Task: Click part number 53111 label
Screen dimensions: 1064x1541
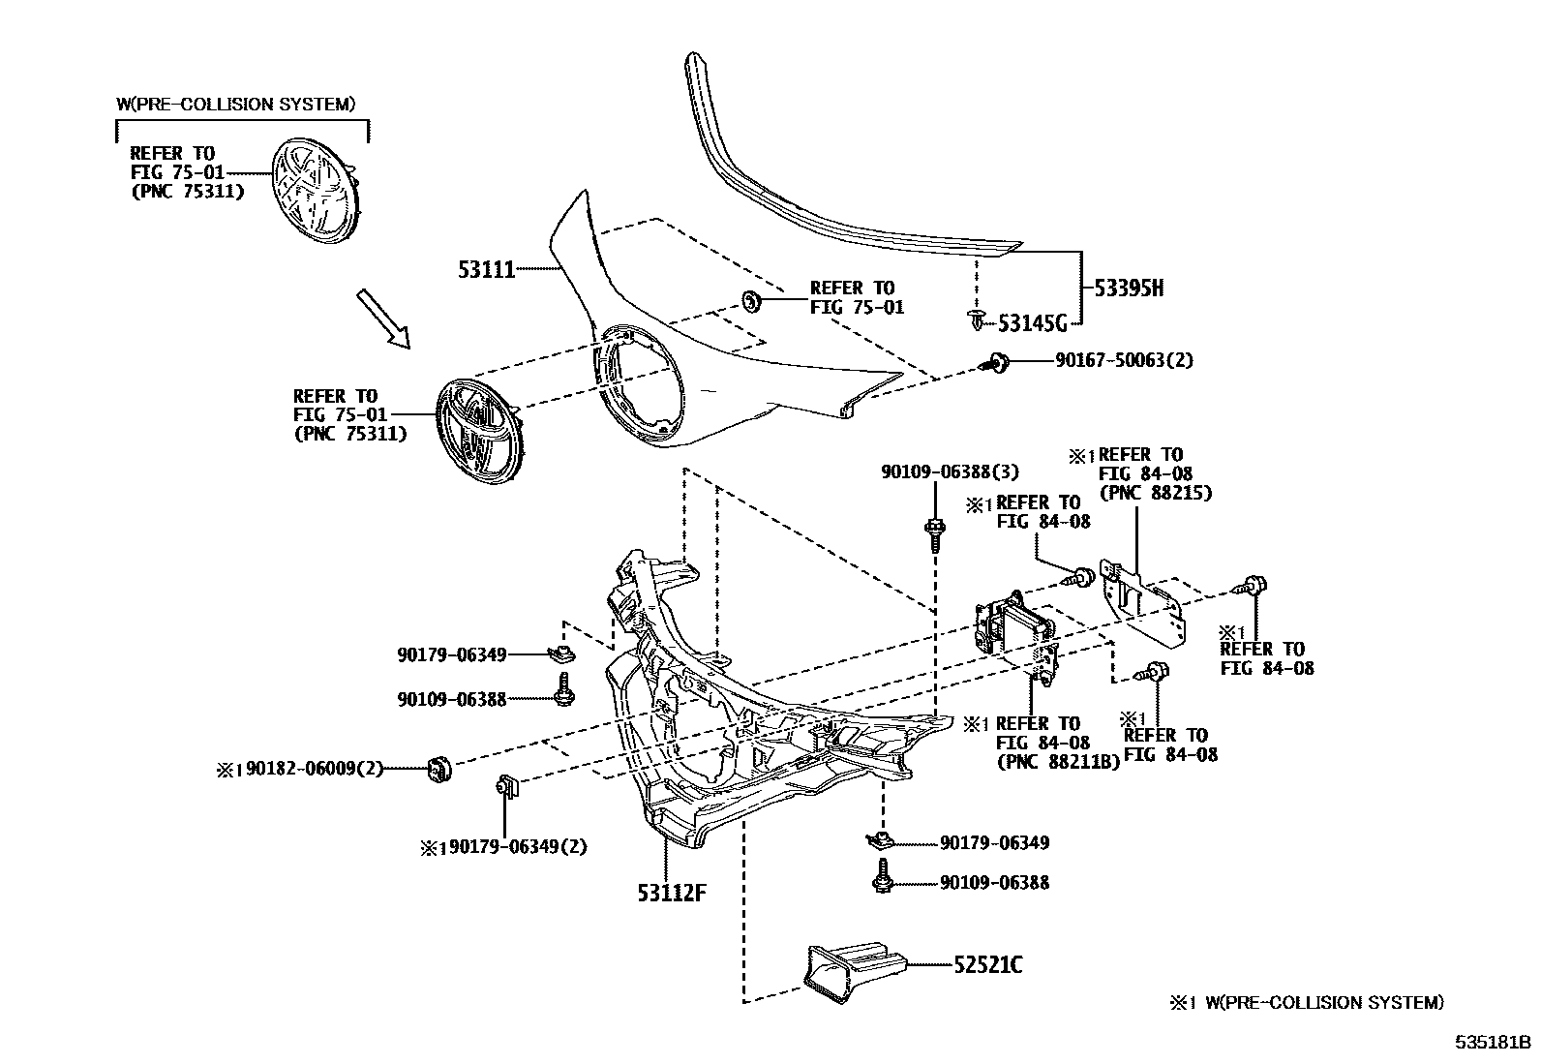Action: (x=486, y=269)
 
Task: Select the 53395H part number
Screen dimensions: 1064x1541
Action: (x=1128, y=288)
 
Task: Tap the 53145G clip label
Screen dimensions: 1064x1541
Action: (x=1032, y=321)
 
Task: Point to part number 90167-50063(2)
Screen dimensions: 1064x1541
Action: (x=1124, y=360)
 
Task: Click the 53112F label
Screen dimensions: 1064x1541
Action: (x=671, y=893)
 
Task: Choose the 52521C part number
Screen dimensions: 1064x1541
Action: (x=987, y=965)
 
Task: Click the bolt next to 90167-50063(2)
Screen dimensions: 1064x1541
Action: (x=996, y=363)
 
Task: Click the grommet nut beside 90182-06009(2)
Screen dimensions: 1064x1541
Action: (x=440, y=769)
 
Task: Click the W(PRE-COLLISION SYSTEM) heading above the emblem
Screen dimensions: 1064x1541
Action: (x=235, y=104)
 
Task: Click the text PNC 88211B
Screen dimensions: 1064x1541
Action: (x=1058, y=761)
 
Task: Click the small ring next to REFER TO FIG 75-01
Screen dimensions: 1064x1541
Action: (x=751, y=300)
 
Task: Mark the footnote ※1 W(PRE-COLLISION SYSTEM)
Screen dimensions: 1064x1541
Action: (x=1306, y=1003)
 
